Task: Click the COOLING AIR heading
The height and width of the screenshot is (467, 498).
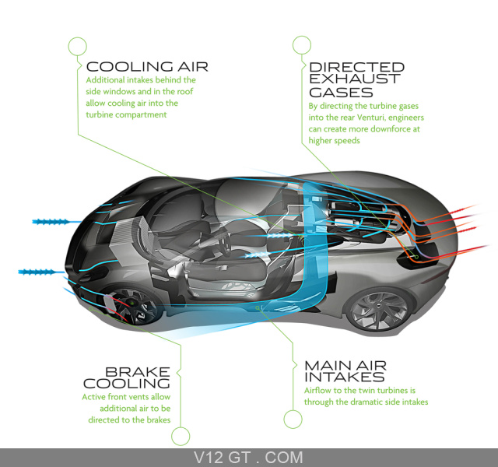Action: click(x=147, y=67)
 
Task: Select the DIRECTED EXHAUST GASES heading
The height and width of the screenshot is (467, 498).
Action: click(x=356, y=79)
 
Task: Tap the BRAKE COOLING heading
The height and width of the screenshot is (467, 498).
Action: click(x=127, y=377)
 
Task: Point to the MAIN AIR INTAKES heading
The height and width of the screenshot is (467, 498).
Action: click(x=345, y=371)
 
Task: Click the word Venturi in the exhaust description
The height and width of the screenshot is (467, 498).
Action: click(x=371, y=118)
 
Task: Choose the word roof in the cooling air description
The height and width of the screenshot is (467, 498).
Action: click(x=185, y=92)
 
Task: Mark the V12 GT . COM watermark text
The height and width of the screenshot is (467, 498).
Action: click(x=248, y=458)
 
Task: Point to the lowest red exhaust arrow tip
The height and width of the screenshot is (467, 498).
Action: click(x=488, y=246)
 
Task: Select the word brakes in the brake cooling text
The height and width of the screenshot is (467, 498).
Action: click(x=159, y=420)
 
